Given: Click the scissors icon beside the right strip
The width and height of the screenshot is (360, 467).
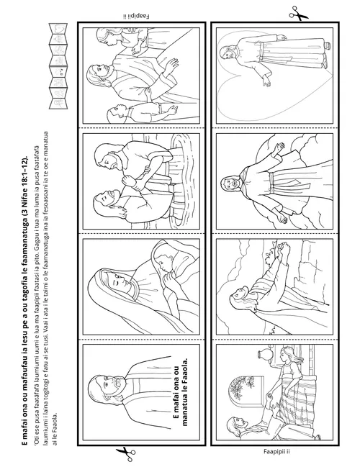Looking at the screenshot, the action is [298, 14].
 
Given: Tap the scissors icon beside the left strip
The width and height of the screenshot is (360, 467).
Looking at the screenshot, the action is [126, 454].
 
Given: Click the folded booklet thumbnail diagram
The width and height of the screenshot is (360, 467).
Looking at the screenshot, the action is [58, 65].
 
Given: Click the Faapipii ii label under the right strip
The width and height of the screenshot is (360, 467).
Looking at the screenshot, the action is [276, 452].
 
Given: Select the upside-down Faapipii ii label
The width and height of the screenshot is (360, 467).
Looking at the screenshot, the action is [136, 16].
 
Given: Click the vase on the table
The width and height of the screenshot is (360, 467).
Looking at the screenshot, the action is [264, 355].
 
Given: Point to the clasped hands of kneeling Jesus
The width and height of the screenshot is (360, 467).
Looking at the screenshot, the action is [282, 250].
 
